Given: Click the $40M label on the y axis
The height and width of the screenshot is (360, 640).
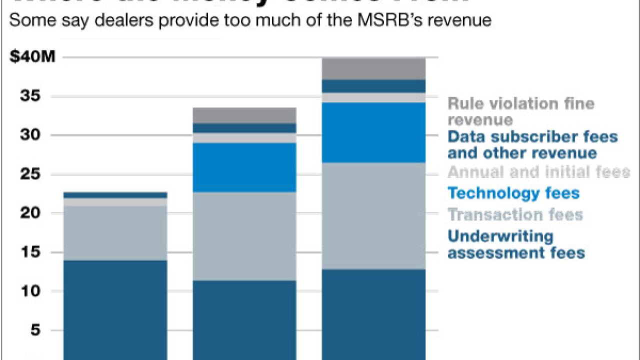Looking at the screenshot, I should [x=32, y=57].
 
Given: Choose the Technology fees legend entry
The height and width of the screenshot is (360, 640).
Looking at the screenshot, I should [x=513, y=193].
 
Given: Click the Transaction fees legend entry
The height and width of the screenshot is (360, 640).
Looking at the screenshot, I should [x=515, y=214].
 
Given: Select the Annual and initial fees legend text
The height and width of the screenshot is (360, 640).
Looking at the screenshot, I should [x=538, y=172].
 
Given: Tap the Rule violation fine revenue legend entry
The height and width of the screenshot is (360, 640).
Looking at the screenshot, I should [x=520, y=111].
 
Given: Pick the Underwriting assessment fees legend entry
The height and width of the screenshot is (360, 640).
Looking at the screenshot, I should [x=515, y=244].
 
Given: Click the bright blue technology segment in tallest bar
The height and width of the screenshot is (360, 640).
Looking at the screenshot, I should [x=373, y=132].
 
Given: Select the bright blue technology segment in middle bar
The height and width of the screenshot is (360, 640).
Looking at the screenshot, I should [x=244, y=167].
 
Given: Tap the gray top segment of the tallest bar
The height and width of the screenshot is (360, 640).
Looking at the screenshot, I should [x=373, y=68].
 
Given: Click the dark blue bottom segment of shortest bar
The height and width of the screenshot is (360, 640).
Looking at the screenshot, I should [x=115, y=307].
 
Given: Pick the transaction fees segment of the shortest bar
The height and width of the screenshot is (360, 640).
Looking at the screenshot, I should [x=115, y=233].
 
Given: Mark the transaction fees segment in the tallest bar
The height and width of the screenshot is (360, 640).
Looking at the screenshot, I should [x=373, y=216].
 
